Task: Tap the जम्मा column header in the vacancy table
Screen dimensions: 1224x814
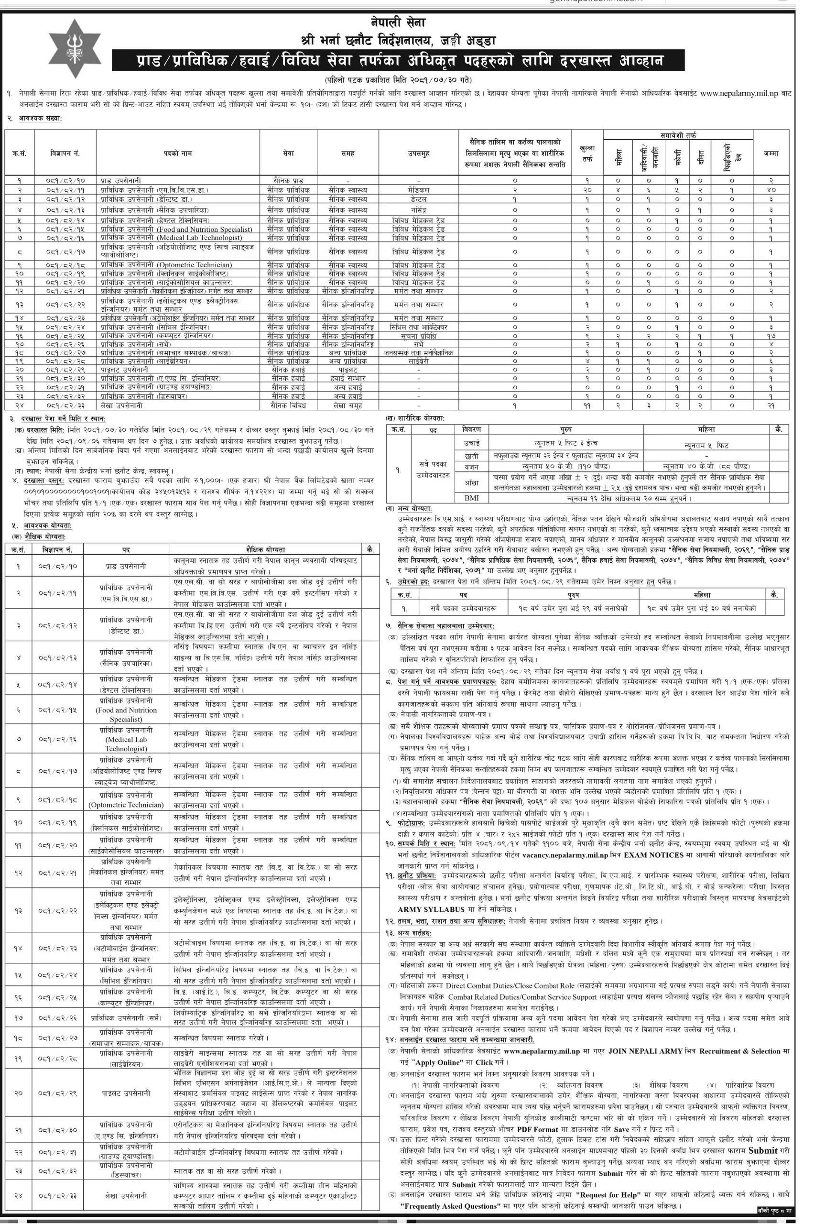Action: [x=771, y=153]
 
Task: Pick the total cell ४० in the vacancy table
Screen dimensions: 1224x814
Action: [x=771, y=190]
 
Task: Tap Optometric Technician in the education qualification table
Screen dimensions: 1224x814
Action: [x=126, y=804]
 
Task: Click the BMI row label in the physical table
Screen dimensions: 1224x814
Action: [x=471, y=498]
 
